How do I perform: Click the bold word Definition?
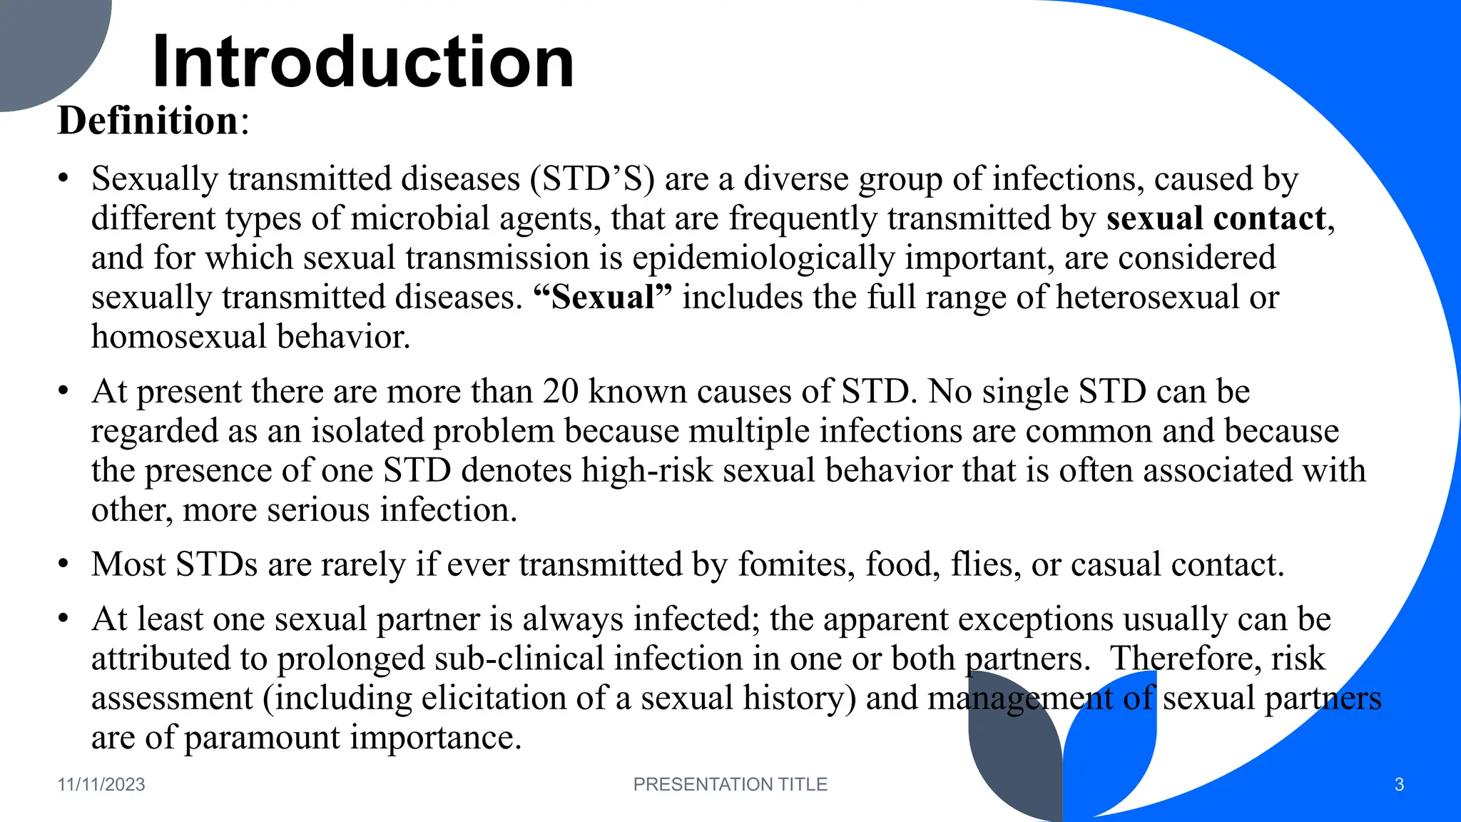point(148,120)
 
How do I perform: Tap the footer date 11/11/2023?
point(101,784)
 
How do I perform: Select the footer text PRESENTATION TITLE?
point(730,784)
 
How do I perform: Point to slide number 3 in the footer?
point(1399,785)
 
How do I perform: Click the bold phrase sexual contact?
point(1216,218)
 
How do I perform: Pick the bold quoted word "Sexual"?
point(603,297)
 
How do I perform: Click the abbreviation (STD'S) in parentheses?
point(592,178)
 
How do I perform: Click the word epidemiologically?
point(763,258)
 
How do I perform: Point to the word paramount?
point(262,737)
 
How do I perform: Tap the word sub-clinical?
point(519,658)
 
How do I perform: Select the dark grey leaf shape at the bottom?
point(1013,756)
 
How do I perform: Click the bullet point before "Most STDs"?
point(63,564)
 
